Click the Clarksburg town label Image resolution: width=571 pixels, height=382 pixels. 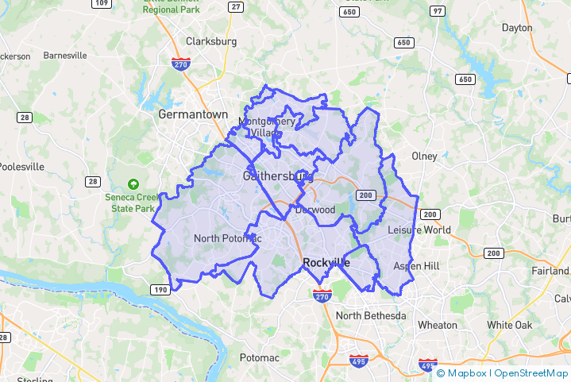(x=211, y=41)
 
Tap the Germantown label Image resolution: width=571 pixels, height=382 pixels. (x=193, y=114)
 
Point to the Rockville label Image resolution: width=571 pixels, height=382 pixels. (x=326, y=263)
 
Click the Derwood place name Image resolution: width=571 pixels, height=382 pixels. (x=315, y=210)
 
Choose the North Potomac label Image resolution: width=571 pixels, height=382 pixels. (x=227, y=238)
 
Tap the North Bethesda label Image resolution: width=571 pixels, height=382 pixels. (x=371, y=316)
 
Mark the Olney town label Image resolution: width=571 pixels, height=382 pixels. (x=424, y=156)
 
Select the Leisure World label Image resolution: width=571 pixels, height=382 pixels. (x=419, y=230)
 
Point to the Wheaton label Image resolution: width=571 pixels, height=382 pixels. (x=437, y=325)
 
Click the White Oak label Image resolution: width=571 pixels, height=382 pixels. (x=509, y=325)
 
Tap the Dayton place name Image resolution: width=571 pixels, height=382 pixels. (x=517, y=28)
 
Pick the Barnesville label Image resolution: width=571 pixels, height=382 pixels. (x=65, y=56)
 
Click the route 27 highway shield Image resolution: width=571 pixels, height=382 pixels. (x=235, y=6)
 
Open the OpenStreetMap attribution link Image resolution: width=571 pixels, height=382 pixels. (x=531, y=373)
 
